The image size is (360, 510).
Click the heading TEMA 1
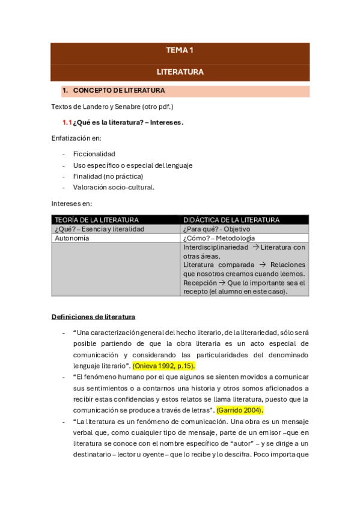[x=180, y=51]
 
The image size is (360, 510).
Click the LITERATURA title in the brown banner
[x=180, y=72]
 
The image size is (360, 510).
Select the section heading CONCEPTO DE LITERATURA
[x=118, y=91]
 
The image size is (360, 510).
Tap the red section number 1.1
[x=67, y=122]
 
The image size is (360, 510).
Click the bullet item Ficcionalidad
[x=94, y=154]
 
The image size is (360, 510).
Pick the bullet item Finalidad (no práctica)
[x=108, y=176]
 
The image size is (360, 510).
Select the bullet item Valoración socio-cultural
[x=113, y=187]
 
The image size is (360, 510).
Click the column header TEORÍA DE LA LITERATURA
[x=97, y=220]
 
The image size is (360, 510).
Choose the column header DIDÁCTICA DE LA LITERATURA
[x=231, y=220]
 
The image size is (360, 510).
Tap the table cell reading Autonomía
[x=72, y=238]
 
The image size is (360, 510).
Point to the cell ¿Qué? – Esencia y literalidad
[x=100, y=229]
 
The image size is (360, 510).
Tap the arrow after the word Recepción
[x=221, y=283]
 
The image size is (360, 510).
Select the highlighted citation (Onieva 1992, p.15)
[x=163, y=366]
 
